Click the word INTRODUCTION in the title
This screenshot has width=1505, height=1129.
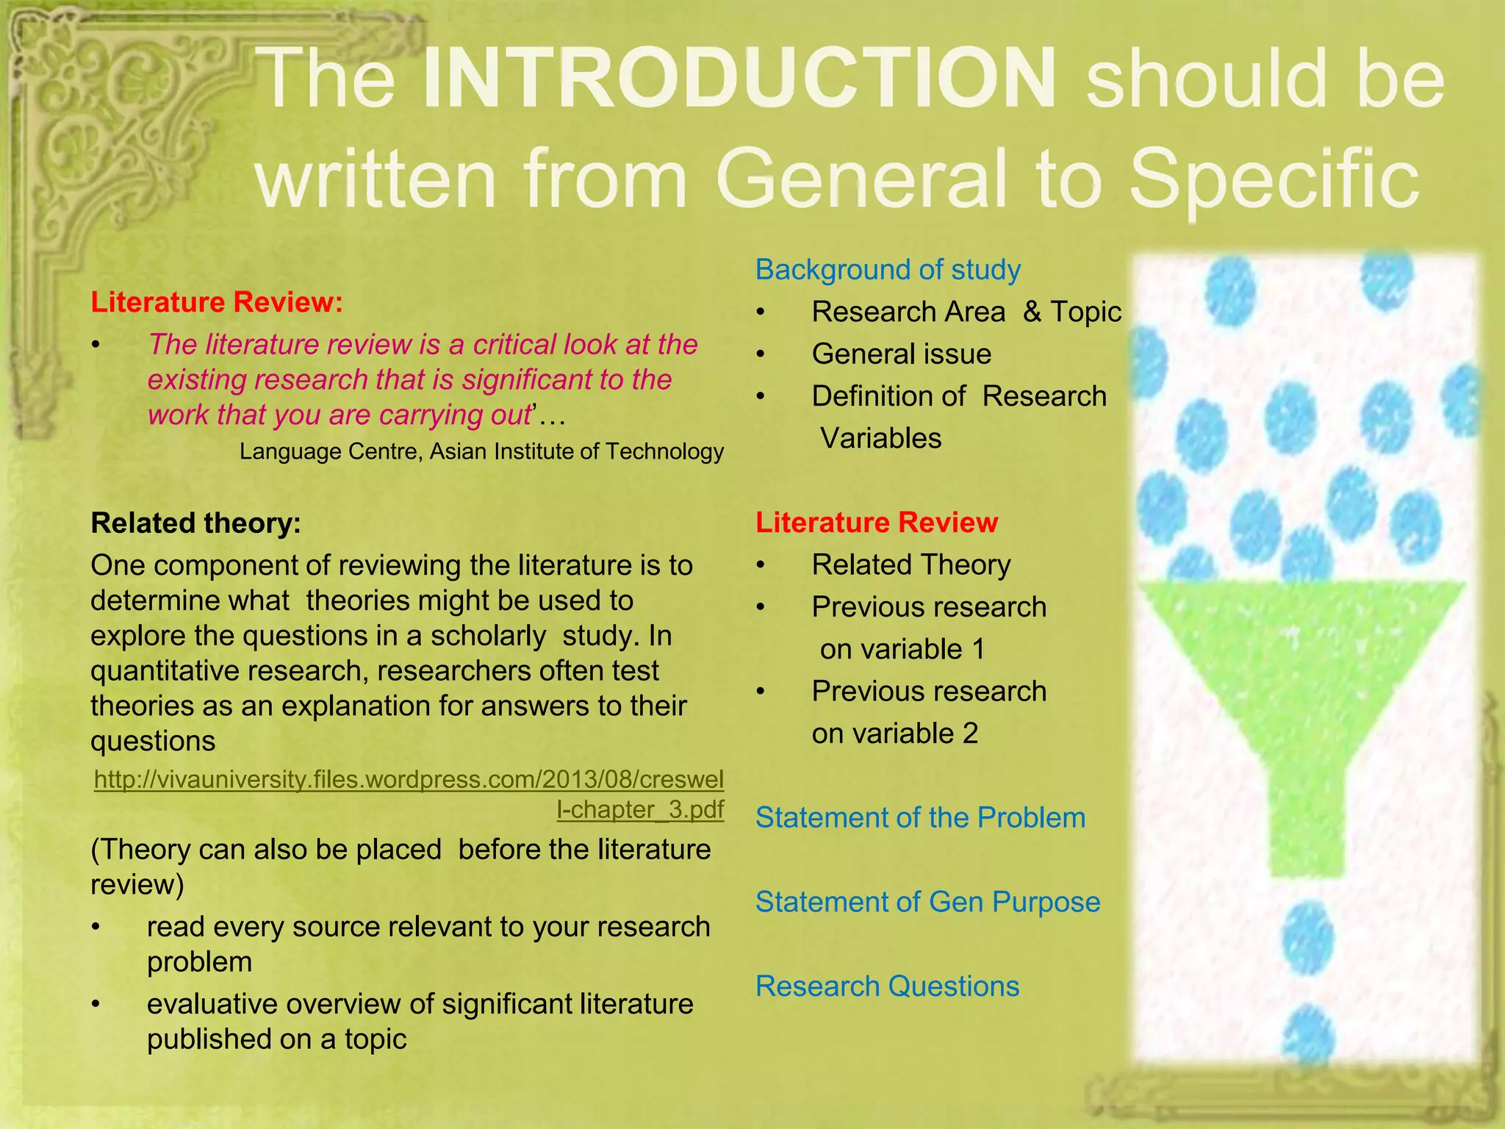tap(739, 78)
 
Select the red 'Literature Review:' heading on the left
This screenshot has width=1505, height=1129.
tap(217, 302)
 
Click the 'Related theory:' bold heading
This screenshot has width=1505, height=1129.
tap(195, 523)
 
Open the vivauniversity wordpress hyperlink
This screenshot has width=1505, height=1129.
tap(409, 779)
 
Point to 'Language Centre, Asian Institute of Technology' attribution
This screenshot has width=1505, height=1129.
tap(481, 451)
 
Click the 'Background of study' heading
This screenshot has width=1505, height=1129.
tap(888, 270)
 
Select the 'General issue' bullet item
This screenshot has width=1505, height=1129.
tap(901, 354)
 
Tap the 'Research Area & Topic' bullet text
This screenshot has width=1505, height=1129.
tap(966, 312)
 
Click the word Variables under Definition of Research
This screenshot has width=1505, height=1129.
tap(880, 439)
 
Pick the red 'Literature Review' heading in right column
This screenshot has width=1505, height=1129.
tap(877, 523)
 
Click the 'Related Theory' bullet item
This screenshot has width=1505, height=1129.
tap(910, 564)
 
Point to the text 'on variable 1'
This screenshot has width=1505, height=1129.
tap(902, 649)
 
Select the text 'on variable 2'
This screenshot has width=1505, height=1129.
tap(894, 734)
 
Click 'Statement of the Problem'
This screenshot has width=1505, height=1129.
tap(920, 817)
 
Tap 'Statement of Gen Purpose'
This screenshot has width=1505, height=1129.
tap(927, 902)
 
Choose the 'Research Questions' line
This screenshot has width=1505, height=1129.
tap(887, 986)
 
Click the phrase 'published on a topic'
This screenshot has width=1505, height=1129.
tap(276, 1039)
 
